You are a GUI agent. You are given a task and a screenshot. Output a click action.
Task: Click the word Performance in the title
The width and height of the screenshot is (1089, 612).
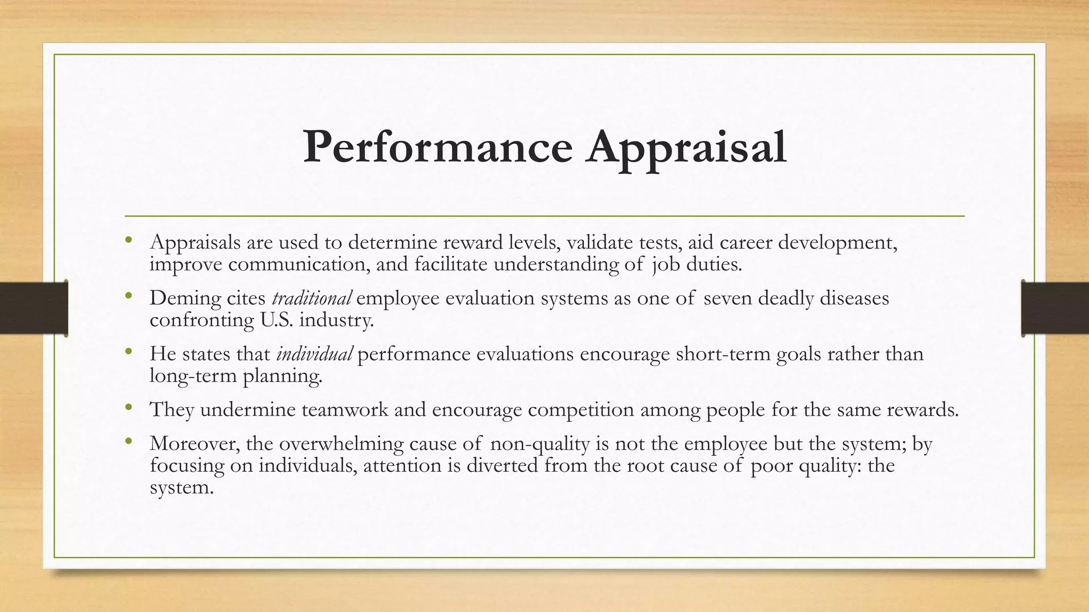(437, 147)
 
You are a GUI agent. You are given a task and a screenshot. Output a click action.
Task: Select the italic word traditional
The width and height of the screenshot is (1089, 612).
(312, 298)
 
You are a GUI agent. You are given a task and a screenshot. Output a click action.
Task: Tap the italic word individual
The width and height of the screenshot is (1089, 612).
(314, 354)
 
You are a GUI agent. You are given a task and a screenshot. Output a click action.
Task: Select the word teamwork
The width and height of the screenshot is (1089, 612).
(345, 410)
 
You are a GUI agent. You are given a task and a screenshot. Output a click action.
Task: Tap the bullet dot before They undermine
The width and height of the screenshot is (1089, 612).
(128, 407)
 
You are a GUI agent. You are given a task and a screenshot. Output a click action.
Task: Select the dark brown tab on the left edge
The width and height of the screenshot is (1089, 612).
(33, 308)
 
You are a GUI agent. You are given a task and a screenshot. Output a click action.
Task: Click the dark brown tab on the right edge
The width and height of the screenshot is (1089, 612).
(1055, 308)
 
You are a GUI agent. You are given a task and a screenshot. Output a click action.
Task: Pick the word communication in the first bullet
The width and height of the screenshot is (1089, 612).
(299, 265)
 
